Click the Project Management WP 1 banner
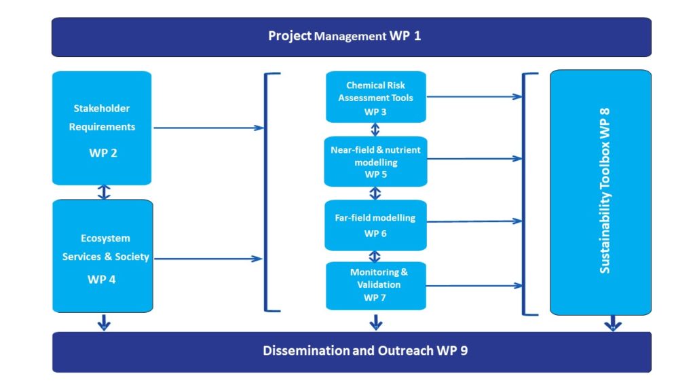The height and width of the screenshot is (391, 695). (352, 37)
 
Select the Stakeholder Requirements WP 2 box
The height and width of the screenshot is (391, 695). (102, 128)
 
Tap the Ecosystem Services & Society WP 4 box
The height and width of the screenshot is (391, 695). (103, 256)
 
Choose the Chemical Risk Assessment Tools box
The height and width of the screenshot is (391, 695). (376, 96)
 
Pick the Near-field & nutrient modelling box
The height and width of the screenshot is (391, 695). (376, 162)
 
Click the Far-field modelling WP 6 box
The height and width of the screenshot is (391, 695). (376, 225)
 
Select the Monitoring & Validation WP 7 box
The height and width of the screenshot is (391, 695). (376, 286)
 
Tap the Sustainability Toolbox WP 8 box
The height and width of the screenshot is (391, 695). (601, 192)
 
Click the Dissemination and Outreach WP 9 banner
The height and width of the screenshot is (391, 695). (352, 352)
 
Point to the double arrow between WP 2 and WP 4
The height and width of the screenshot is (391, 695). (104, 192)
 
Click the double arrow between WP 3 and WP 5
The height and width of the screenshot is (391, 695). (375, 130)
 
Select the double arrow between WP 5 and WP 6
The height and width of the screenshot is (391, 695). (375, 193)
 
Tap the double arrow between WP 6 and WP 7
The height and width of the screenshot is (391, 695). (375, 256)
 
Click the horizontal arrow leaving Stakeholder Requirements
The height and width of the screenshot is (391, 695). (209, 128)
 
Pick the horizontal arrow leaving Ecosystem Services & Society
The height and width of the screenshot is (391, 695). (208, 259)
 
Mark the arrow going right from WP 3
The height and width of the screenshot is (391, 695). (474, 96)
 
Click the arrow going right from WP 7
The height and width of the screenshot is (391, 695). (474, 286)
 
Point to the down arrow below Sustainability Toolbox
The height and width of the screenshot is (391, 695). (613, 323)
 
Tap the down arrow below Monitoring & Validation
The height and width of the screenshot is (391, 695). (376, 322)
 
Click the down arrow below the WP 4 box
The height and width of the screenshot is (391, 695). (104, 322)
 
